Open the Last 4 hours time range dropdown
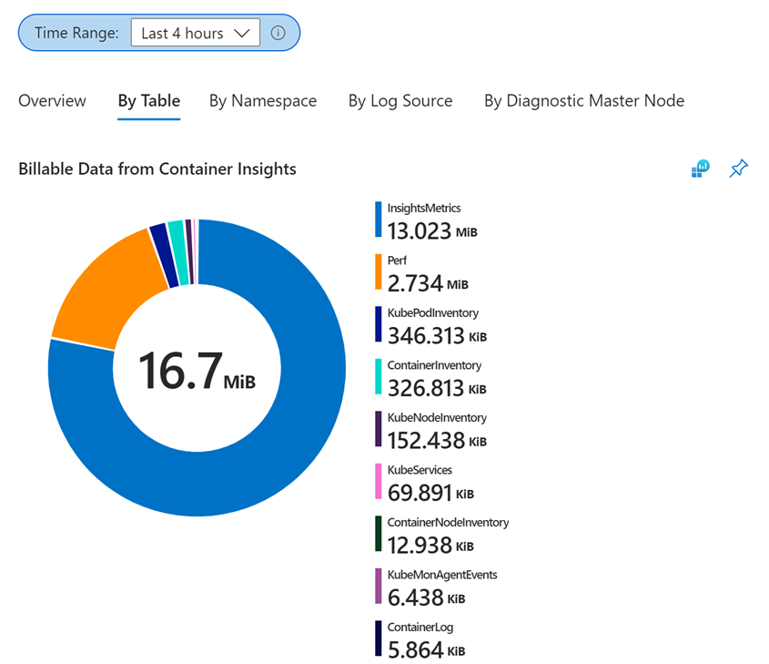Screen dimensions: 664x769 click(x=195, y=33)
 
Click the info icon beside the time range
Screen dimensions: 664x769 click(x=278, y=33)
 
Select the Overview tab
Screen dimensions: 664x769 click(x=52, y=101)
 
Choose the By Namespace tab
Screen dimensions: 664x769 click(x=263, y=101)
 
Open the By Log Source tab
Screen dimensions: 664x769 click(x=400, y=101)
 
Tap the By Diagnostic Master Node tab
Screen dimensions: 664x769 click(x=584, y=101)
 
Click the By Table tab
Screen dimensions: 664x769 click(x=149, y=101)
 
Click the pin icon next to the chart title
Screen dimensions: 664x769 click(x=739, y=169)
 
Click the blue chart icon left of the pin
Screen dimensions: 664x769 click(x=700, y=169)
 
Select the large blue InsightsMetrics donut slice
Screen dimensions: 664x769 click(x=264, y=437)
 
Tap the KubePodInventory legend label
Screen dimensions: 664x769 click(x=432, y=313)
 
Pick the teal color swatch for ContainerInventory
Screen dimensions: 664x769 click(x=378, y=376)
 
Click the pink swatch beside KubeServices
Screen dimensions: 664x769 click(x=378, y=481)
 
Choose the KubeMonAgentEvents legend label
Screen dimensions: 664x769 click(x=441, y=575)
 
